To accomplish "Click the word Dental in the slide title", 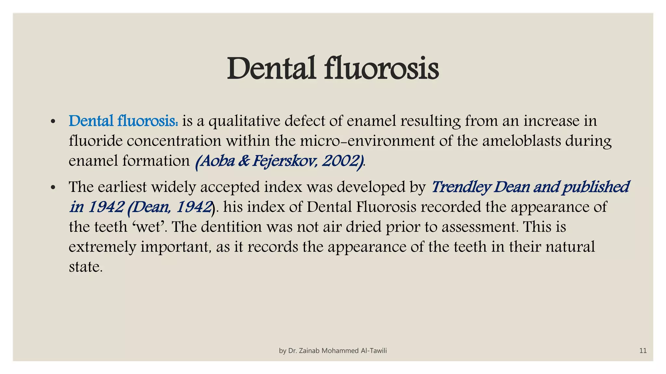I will [271, 69].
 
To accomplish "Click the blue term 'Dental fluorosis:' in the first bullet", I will [123, 121].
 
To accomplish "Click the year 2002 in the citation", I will [343, 161].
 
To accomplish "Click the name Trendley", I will [460, 187].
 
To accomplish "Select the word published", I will [596, 187].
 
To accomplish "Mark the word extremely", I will [102, 247].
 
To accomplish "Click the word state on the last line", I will [85, 267].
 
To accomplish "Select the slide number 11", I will [643, 351].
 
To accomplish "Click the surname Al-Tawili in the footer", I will [374, 351].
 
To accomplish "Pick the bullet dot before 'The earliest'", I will [53, 188].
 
